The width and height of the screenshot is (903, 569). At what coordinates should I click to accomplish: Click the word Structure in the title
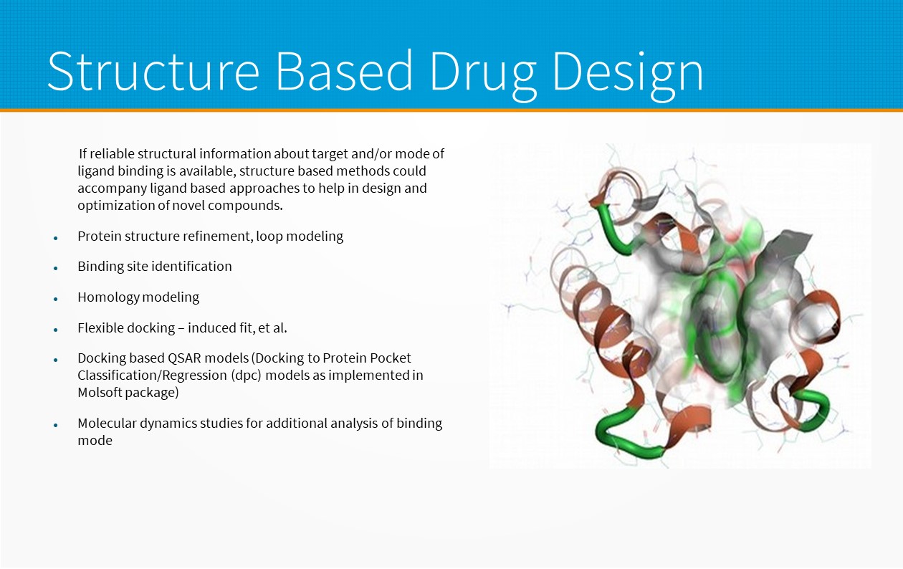pyautogui.click(x=153, y=72)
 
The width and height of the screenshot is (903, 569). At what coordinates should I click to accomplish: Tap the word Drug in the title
pyautogui.click(x=483, y=75)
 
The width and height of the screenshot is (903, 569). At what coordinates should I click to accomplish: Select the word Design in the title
pyautogui.click(x=628, y=75)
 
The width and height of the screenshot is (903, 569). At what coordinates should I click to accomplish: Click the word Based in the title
pyautogui.click(x=344, y=72)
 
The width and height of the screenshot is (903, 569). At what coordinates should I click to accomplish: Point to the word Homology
pyautogui.click(x=108, y=297)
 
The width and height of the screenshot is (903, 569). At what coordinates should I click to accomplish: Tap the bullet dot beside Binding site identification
pyautogui.click(x=56, y=268)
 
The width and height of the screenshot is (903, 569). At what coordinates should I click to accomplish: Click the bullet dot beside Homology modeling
pyautogui.click(x=56, y=299)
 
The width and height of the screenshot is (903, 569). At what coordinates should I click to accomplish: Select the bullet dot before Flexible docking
pyautogui.click(x=56, y=329)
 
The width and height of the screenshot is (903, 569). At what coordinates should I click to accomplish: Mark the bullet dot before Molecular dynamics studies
pyautogui.click(x=56, y=425)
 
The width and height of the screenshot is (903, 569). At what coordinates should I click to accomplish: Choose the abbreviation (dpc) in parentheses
pyautogui.click(x=246, y=376)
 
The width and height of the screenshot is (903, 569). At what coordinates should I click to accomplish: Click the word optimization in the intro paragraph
pyautogui.click(x=116, y=206)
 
